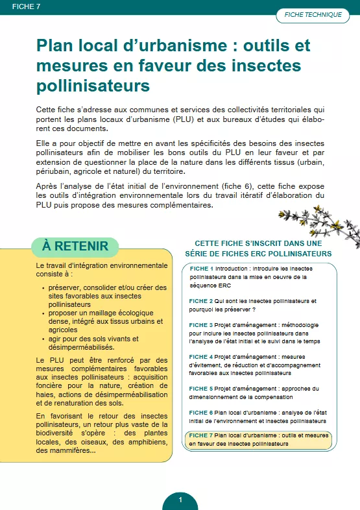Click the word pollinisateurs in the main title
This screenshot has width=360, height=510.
93,85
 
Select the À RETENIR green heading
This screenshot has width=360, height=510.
75,246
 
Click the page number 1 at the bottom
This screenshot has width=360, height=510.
180,500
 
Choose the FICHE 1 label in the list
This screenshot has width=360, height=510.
201,269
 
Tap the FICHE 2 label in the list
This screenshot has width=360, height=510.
201,301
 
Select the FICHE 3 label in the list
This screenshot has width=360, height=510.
201,324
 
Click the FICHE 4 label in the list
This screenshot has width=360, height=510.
201,356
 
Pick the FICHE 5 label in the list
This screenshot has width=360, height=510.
201,389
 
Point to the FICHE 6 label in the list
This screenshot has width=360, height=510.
201,412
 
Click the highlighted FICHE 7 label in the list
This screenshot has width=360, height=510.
201,435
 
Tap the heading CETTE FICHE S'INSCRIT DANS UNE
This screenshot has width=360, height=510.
258,243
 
